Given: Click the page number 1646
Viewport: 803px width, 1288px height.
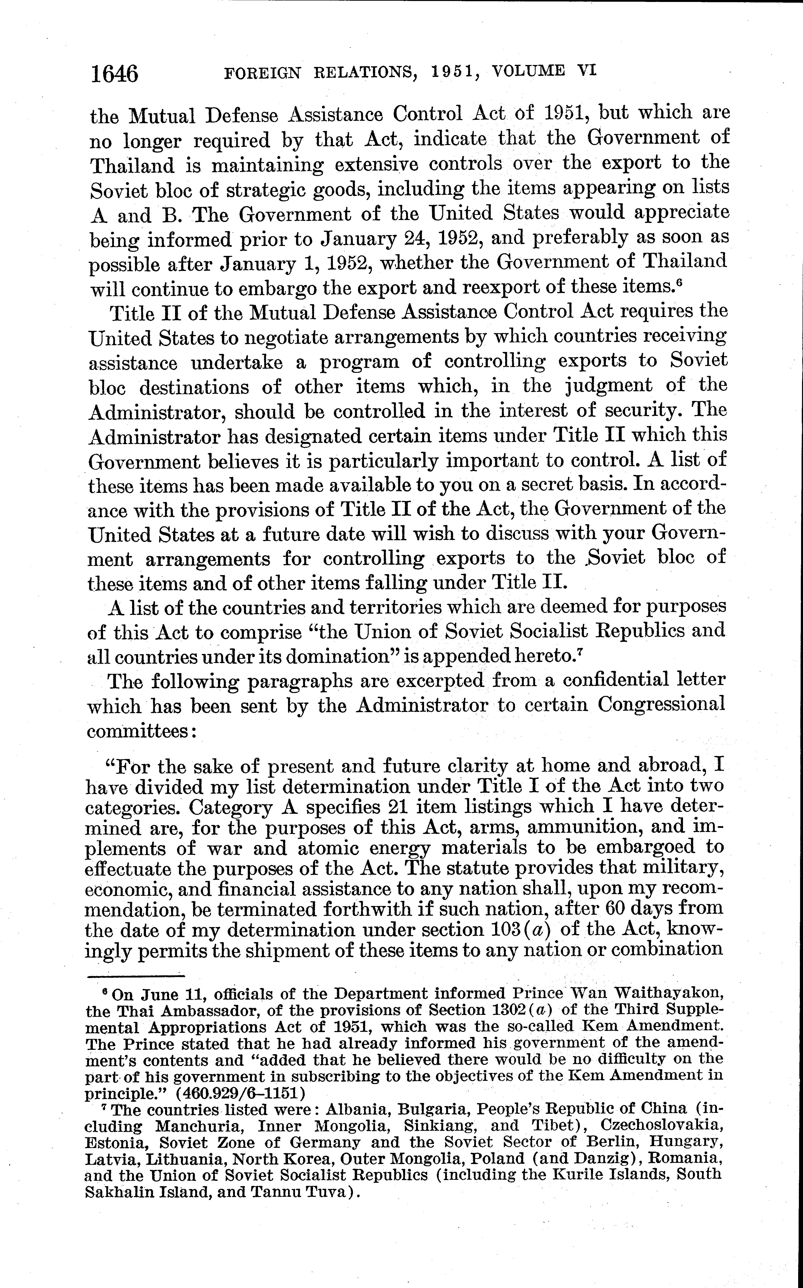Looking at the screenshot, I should [114, 73].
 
